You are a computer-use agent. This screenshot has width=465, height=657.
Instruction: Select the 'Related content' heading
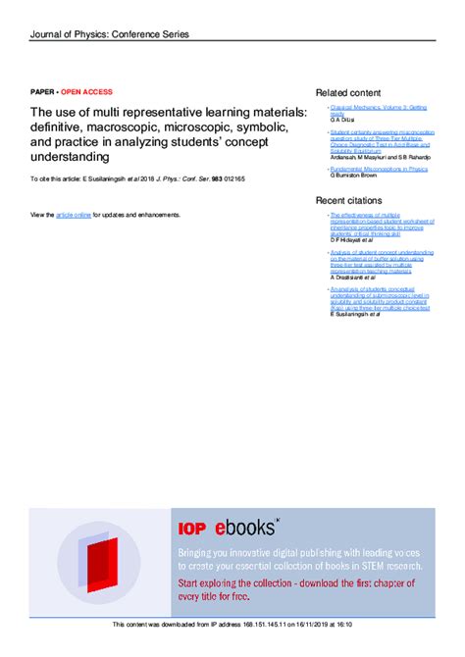point(349,92)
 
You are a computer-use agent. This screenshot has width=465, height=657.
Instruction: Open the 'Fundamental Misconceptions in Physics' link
point(379,169)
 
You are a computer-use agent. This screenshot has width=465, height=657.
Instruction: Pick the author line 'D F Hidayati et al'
point(359,240)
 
